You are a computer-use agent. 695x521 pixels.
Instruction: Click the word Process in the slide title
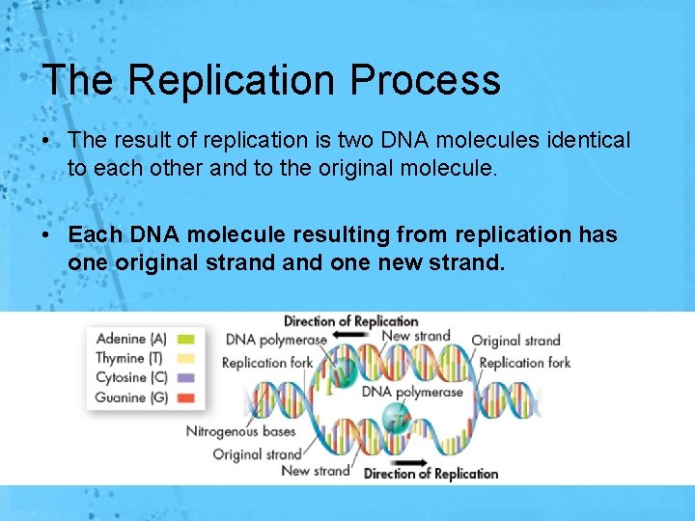pyautogui.click(x=427, y=80)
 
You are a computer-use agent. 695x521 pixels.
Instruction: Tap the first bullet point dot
pyautogui.click(x=46, y=142)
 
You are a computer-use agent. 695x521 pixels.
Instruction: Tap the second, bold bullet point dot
pyautogui.click(x=46, y=235)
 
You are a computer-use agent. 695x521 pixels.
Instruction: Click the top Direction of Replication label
pyautogui.click(x=350, y=321)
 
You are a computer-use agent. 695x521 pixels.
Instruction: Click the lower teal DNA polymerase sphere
pyautogui.click(x=396, y=418)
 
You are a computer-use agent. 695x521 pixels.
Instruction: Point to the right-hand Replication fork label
pyautogui.click(x=525, y=363)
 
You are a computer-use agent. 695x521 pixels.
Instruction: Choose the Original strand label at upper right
pyautogui.click(x=515, y=341)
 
